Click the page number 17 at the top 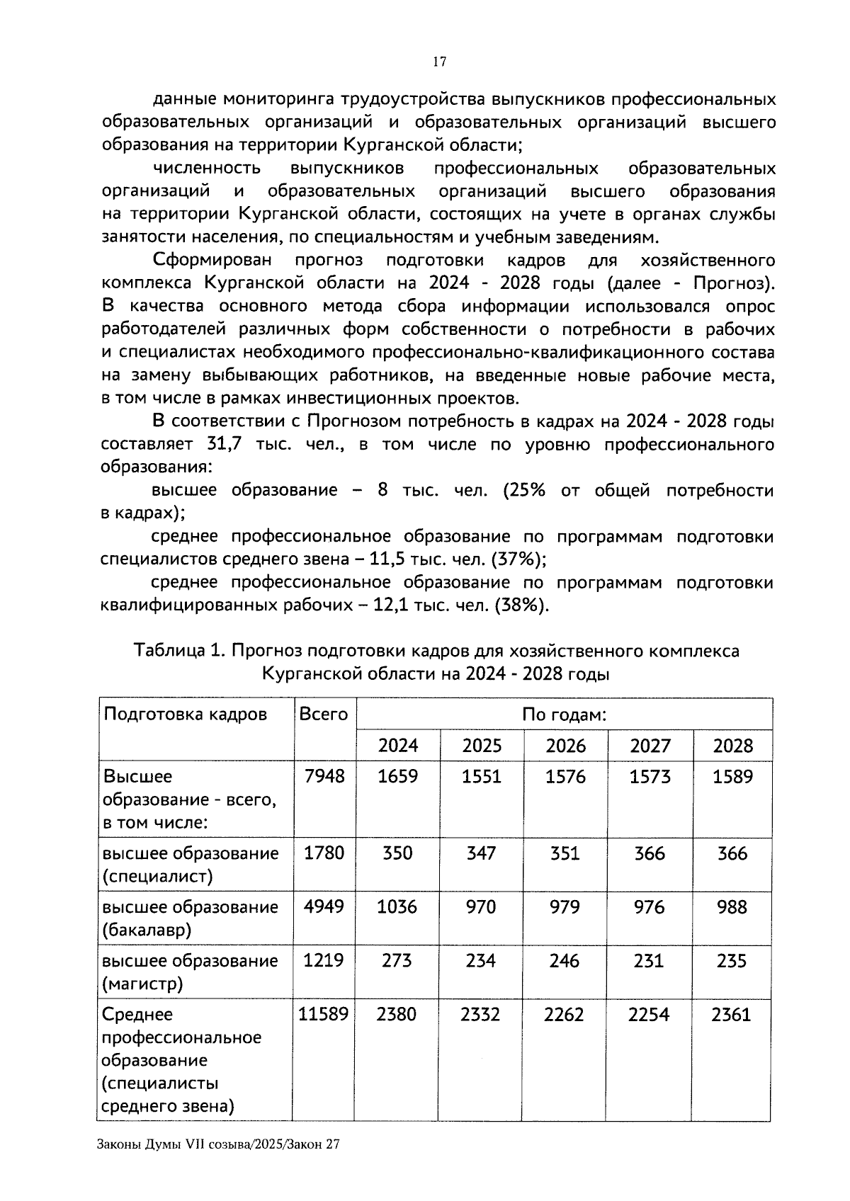(439, 62)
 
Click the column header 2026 (565, 746)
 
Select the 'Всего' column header (324, 714)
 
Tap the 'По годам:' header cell (564, 715)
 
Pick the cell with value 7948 (324, 777)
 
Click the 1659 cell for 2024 (397, 777)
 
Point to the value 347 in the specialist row (481, 853)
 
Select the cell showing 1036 (397, 907)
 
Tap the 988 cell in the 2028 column (732, 907)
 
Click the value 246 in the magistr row (565, 961)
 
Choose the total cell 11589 (324, 1015)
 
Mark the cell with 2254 (649, 1015)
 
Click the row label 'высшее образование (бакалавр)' (190, 918)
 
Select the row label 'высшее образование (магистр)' (190, 972)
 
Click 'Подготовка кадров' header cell (186, 714)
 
